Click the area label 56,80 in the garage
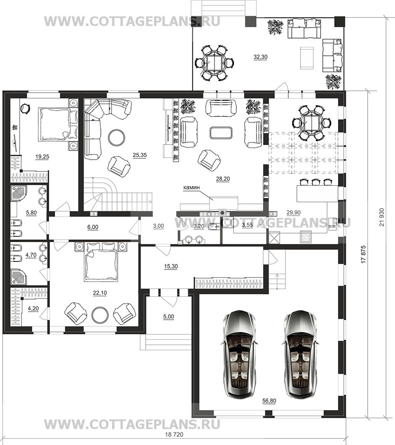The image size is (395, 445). point(269,401)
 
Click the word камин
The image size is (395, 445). point(191,187)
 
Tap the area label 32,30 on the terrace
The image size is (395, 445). point(261,57)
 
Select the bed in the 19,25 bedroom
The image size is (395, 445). point(55,124)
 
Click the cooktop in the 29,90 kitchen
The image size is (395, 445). point(306,237)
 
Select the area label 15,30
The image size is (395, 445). point(171,266)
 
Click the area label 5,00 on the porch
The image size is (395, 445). point(169,316)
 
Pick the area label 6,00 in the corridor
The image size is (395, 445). point(93,227)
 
